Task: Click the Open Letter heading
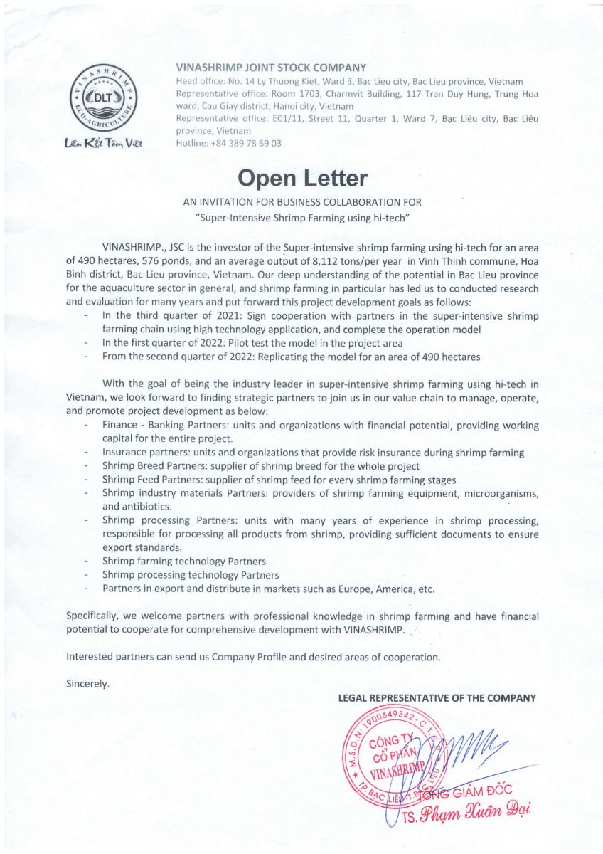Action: (301, 177)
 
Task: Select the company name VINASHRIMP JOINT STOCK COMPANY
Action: (271, 68)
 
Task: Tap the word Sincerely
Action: (87, 684)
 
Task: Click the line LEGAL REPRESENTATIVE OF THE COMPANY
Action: (437, 698)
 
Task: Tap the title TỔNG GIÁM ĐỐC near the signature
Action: (469, 791)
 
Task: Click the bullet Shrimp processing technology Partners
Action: (191, 575)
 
